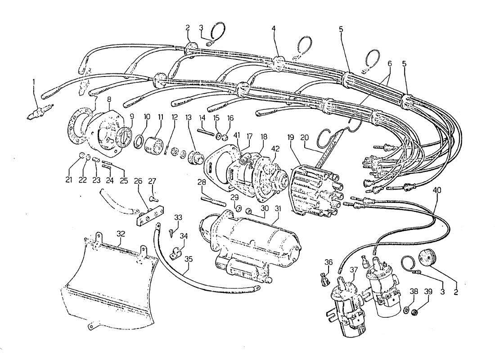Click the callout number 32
120,234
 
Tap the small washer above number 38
406,310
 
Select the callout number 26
138,181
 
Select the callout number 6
390,65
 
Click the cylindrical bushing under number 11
153,145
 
